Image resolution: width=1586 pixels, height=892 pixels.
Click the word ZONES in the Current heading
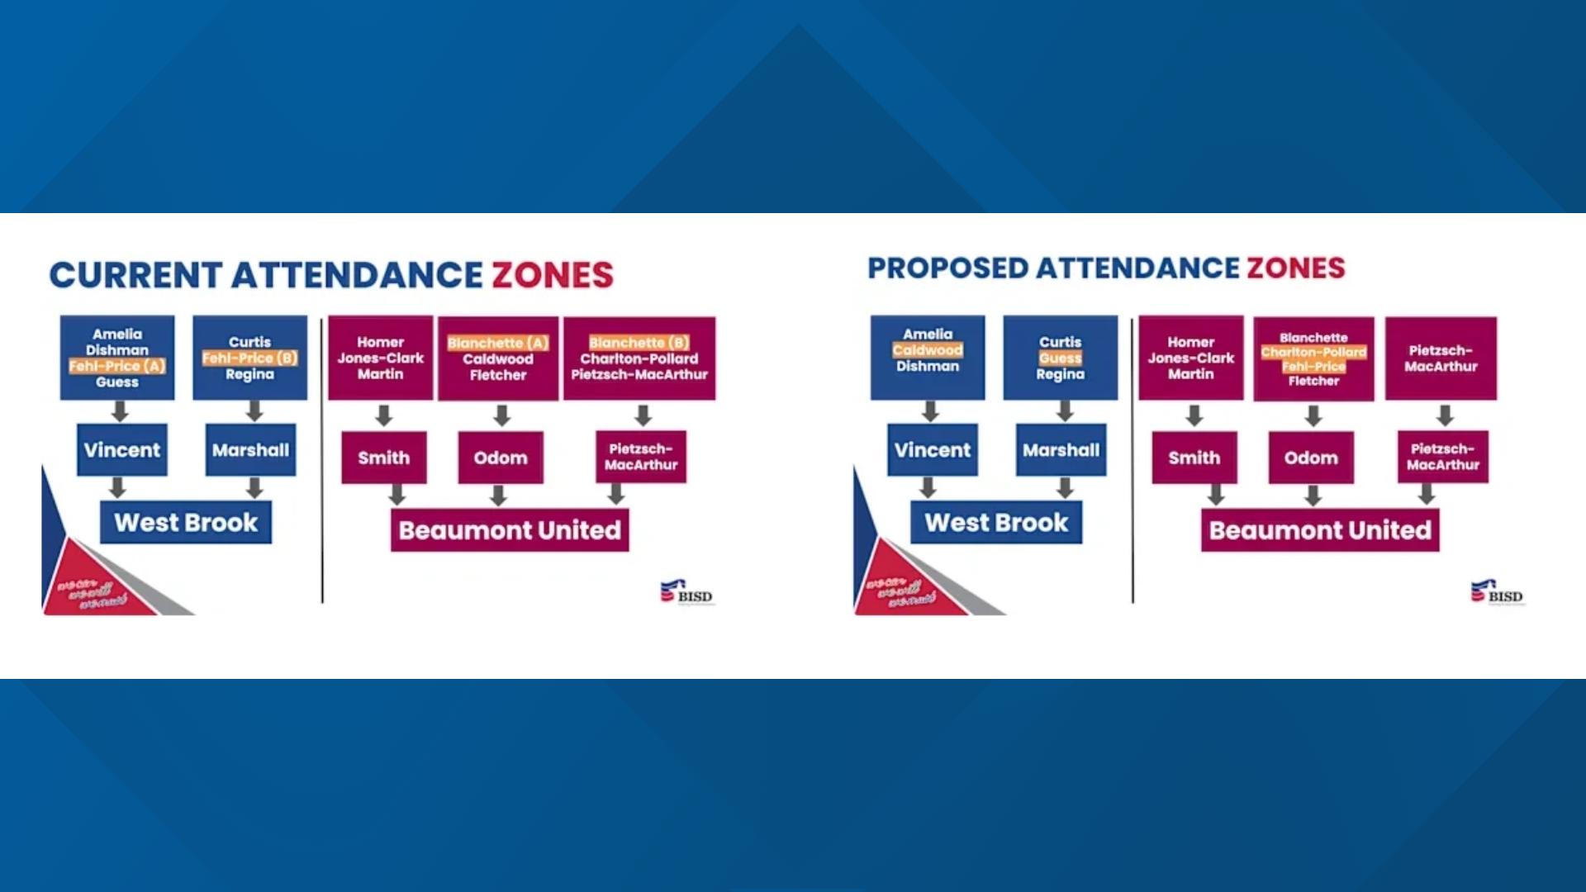point(553,276)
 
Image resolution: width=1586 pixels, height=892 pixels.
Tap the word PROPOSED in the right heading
point(947,268)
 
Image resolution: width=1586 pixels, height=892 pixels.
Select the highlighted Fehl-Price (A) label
point(117,366)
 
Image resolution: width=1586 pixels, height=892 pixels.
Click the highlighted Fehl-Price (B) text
point(249,358)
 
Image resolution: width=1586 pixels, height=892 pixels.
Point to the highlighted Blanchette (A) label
point(497,343)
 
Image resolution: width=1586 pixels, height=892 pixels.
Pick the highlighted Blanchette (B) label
point(639,343)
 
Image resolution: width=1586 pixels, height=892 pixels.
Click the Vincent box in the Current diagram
point(122,450)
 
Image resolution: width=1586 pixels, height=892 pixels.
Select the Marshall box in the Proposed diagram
point(1061,450)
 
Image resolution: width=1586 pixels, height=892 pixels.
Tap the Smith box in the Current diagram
point(384,458)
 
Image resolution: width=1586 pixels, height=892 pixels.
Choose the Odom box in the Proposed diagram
point(1311,458)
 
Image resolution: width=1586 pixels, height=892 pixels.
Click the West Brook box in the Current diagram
point(186,523)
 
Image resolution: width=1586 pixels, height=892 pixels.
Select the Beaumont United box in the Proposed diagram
point(1320,530)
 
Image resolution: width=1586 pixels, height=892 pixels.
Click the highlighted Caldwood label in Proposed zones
point(928,350)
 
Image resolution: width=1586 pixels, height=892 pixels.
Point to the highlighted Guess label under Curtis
point(1061,358)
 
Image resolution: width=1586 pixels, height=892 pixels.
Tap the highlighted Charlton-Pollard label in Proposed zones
point(1313,352)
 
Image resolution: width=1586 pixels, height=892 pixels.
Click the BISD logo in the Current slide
point(686,592)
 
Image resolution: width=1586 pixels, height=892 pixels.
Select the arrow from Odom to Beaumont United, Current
point(498,495)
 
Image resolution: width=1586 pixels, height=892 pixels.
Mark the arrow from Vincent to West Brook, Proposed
point(928,487)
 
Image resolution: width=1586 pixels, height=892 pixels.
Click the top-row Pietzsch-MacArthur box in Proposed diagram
point(1441,358)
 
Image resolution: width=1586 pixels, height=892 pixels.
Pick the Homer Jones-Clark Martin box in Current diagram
point(381,358)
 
